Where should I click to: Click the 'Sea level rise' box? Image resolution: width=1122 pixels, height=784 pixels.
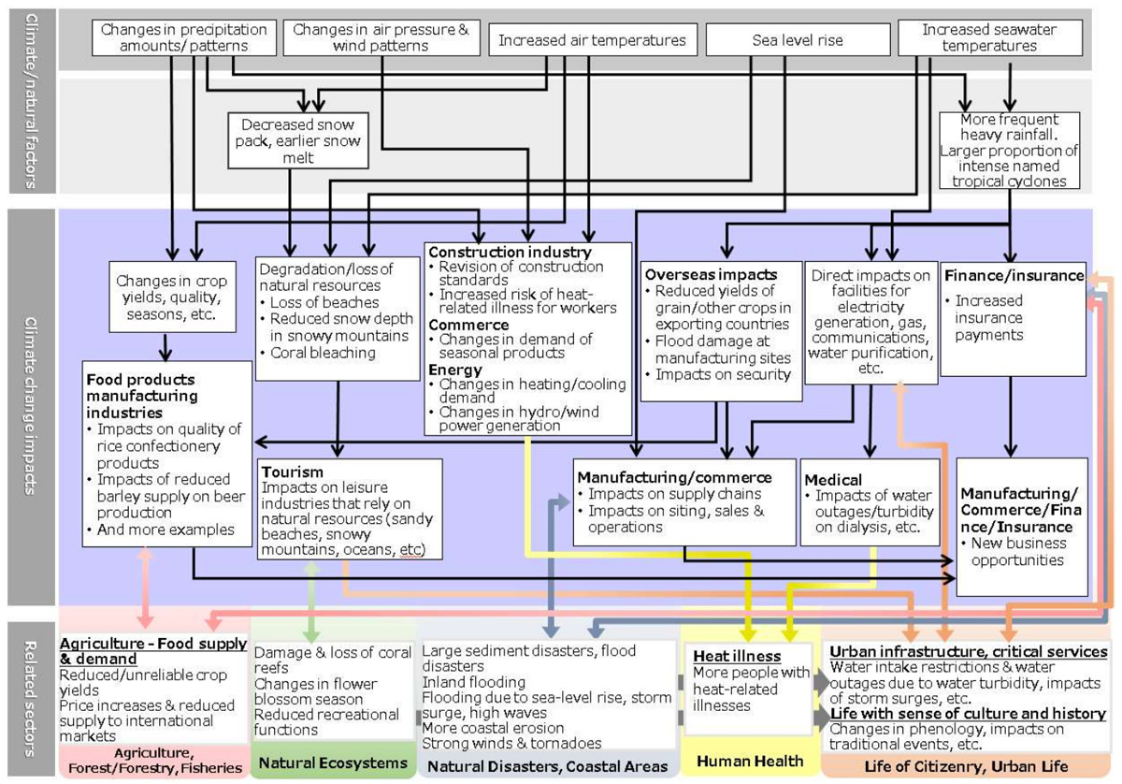point(798,40)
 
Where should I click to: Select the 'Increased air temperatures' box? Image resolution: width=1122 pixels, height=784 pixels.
point(592,40)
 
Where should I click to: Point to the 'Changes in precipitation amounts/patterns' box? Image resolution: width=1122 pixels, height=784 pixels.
point(170,37)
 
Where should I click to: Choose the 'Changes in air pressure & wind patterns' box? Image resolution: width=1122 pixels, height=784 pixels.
point(381,37)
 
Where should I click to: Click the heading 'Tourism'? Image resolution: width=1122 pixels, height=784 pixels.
point(293,472)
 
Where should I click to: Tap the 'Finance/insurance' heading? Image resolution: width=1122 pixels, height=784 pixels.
point(1014,276)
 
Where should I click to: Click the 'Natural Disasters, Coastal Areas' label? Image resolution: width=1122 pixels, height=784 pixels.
point(547,766)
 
